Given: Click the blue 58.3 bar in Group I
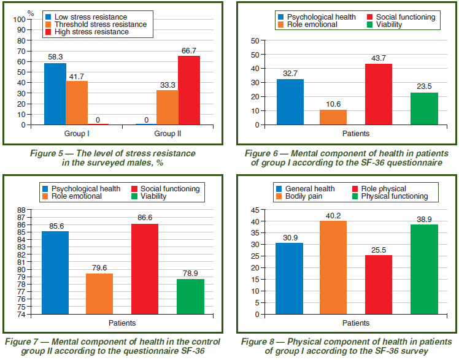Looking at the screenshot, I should pos(55,94).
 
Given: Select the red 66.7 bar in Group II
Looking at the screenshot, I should pos(189,90).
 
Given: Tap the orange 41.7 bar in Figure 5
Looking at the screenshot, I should pos(77,103).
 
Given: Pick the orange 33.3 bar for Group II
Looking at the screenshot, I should pos(167,107).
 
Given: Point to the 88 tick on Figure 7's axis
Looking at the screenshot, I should pos(20,210).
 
